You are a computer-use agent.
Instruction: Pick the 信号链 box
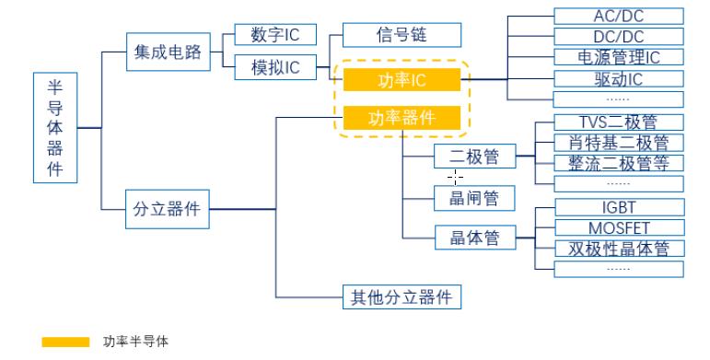click(x=402, y=36)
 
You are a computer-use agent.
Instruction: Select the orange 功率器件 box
click(x=402, y=117)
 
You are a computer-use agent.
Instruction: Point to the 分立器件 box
click(x=167, y=209)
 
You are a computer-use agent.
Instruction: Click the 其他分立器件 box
click(x=402, y=296)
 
